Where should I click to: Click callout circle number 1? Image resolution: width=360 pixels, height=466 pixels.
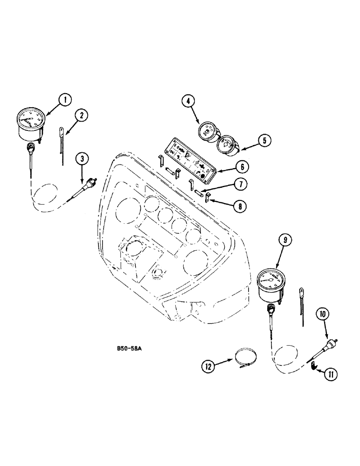tap(65, 99)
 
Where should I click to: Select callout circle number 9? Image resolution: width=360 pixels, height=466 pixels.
tap(284, 240)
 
